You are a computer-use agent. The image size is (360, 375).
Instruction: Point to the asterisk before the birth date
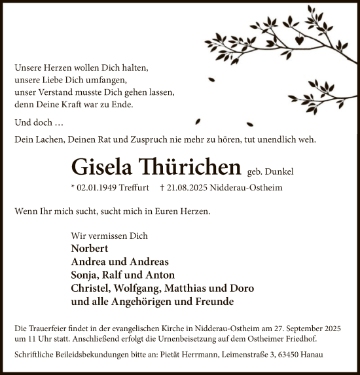click(72, 187)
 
